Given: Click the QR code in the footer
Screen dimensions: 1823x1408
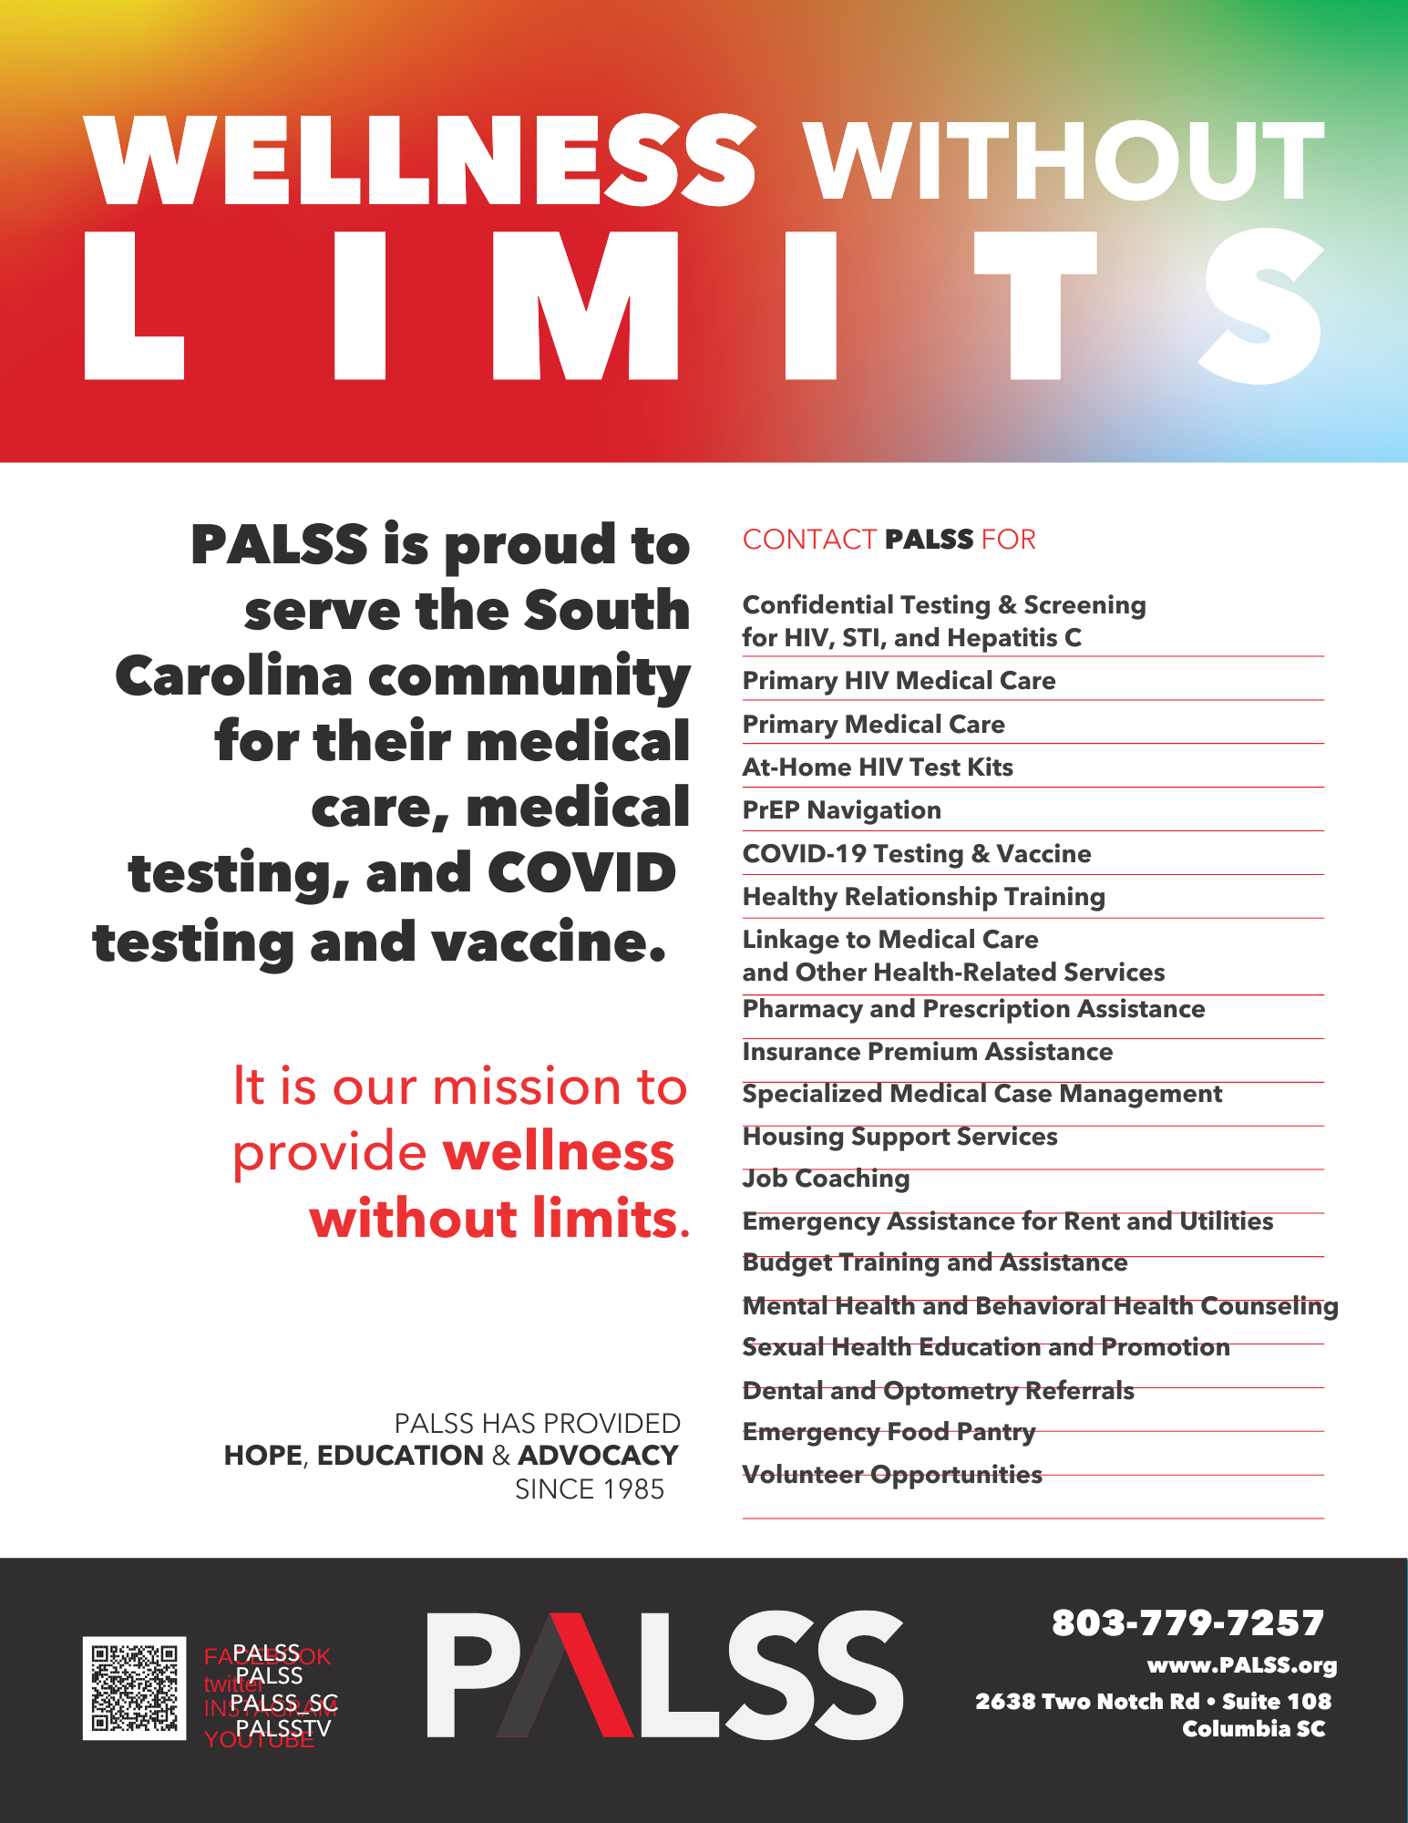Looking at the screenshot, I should point(134,1688).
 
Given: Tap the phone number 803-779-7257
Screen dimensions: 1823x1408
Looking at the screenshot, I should point(1187,1622).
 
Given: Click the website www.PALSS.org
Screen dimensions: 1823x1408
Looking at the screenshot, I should point(1241,1665).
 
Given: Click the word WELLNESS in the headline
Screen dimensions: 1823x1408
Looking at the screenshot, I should point(421,160).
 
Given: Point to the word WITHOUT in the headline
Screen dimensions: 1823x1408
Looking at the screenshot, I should point(1063,161).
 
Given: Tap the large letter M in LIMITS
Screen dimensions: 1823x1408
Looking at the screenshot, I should point(585,305).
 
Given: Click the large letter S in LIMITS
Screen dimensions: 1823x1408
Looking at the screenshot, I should point(1263,305).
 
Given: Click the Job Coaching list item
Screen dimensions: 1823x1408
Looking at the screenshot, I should point(826,1179).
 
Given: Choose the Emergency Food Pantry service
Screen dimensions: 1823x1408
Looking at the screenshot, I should point(889,1432).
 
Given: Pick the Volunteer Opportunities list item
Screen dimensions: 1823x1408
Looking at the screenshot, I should point(891,1475).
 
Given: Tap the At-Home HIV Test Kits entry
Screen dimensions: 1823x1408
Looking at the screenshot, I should point(877,767).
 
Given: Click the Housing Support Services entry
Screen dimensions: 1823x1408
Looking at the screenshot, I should point(899,1137).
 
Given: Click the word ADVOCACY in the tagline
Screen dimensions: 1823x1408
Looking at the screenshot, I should point(598,1456).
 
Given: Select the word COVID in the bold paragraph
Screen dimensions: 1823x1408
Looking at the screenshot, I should point(581,874).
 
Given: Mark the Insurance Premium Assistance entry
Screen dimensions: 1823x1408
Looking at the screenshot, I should point(927,1052).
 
